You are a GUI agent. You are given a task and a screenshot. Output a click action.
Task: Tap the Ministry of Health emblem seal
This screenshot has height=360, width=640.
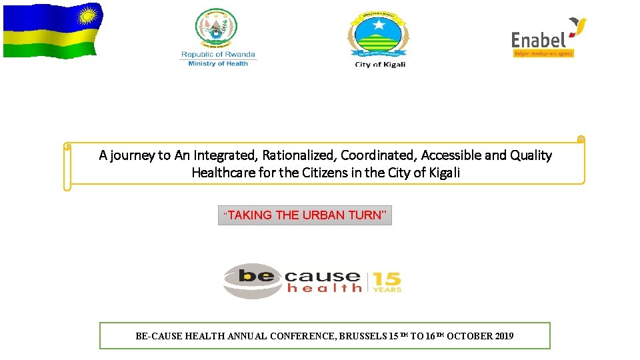(x=216, y=28)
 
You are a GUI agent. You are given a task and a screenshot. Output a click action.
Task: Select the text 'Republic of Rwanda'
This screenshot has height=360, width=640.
(x=218, y=55)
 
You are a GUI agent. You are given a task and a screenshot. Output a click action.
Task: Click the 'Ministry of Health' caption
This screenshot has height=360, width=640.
(x=218, y=63)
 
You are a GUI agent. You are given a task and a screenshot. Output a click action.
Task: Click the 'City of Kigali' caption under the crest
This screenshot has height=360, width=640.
(x=380, y=65)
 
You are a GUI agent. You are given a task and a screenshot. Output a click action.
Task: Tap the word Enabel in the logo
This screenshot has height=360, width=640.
(x=539, y=40)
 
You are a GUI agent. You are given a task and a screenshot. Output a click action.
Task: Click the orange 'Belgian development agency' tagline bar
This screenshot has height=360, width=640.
(x=543, y=53)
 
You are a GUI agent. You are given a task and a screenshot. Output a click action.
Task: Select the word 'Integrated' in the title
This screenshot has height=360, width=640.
(x=224, y=155)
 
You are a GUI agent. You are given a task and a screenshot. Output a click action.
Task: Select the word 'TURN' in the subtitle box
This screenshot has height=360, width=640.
(x=367, y=215)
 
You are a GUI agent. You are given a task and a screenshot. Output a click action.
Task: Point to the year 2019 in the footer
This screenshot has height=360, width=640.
(x=504, y=336)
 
